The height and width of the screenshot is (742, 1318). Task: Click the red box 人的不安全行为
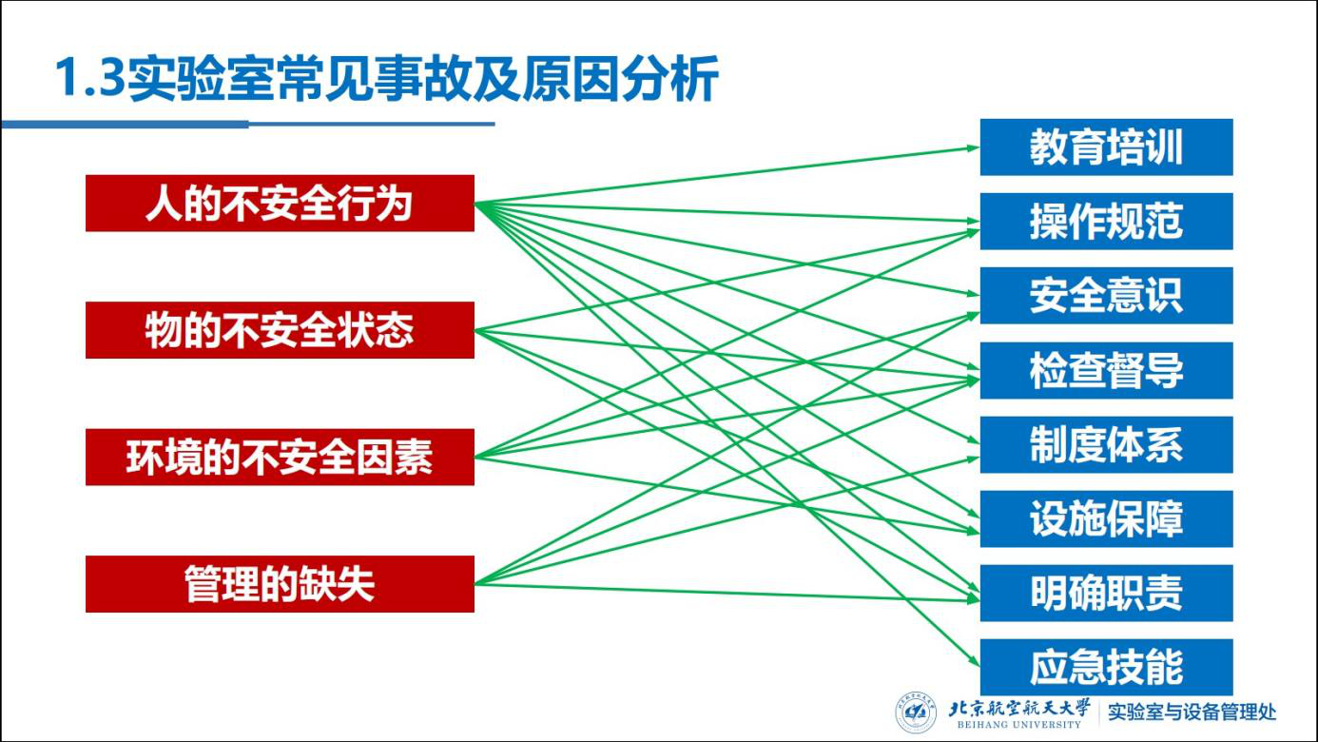click(280, 203)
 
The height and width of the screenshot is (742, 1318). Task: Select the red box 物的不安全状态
click(280, 330)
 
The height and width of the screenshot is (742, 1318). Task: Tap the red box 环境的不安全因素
click(280, 457)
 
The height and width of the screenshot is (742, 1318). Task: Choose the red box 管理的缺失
click(280, 584)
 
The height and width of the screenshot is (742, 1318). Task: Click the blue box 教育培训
click(1106, 147)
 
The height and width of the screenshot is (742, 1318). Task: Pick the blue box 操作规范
click(1106, 222)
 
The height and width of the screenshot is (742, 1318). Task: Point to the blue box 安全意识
click(1106, 296)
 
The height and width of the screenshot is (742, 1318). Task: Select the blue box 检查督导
click(1106, 370)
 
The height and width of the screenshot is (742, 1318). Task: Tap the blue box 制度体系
click(1106, 444)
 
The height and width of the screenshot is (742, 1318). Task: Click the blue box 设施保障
click(1106, 518)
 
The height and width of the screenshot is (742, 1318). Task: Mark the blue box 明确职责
click(1106, 593)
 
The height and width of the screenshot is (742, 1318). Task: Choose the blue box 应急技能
click(1106, 667)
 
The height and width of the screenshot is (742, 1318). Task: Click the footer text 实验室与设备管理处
click(1192, 712)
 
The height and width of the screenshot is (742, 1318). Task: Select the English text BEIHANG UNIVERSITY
click(1018, 725)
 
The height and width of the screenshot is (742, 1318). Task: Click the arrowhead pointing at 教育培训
click(973, 147)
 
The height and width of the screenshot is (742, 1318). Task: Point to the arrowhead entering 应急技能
click(973, 665)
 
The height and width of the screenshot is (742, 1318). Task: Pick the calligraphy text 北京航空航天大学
click(1019, 707)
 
